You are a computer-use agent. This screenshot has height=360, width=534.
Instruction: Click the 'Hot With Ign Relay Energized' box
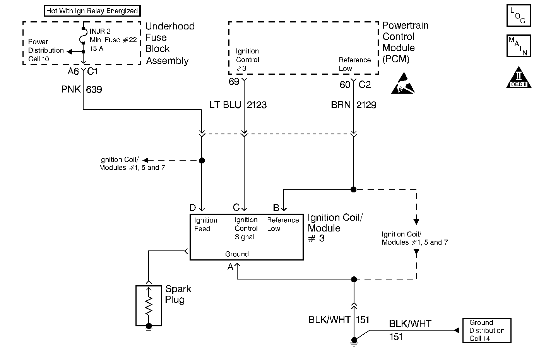point(92,11)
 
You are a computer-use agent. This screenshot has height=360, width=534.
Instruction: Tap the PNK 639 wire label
point(82,89)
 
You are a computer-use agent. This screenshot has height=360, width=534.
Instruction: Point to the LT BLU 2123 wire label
point(238,105)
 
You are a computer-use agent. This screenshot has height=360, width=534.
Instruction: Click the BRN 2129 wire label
point(353,105)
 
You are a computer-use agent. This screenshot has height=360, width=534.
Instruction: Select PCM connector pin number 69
point(234,82)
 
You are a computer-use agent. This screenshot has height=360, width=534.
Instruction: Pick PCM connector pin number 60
point(345,84)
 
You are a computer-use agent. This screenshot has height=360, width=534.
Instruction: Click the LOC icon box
point(518,16)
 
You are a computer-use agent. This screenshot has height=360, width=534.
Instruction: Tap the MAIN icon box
point(518,46)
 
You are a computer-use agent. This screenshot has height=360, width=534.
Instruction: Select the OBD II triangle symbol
point(518,79)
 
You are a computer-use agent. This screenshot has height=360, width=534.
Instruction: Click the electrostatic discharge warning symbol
point(403,83)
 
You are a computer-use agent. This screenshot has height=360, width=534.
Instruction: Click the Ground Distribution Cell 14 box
point(486,331)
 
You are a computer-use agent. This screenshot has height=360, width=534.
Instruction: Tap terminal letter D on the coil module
point(193,208)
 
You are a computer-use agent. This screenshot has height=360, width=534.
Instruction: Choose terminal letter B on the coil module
point(276,208)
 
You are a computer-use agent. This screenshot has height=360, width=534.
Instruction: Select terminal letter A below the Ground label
point(230,267)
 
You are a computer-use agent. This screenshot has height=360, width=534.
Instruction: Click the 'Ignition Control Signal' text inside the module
point(246,228)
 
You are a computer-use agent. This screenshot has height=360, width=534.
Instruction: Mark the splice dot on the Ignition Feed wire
point(202,160)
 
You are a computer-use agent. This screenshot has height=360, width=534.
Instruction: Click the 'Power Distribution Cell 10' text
point(45,50)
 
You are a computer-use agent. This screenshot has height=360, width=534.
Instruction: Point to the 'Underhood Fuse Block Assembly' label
point(169,43)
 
